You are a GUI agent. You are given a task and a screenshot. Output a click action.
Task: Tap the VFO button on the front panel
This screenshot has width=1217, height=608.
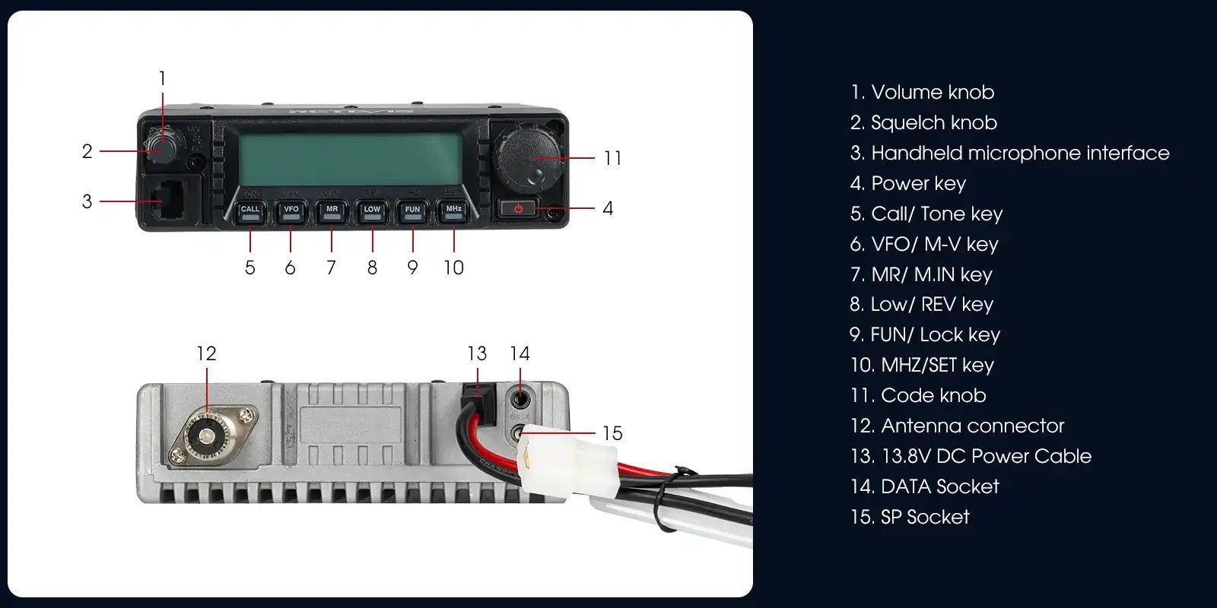coord(291,211)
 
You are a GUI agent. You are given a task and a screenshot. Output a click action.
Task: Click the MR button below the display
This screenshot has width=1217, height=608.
coord(332,211)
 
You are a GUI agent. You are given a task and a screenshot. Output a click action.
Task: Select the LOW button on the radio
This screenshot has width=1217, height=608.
coord(372,211)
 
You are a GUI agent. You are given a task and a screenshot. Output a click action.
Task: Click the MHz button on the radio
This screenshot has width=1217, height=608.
coord(453,211)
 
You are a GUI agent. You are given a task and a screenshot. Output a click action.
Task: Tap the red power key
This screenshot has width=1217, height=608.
coord(519,208)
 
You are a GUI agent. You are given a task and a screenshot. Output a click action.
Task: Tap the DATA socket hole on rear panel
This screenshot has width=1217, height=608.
coord(520,397)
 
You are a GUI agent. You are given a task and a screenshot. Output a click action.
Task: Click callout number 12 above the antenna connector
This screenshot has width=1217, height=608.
coord(206,353)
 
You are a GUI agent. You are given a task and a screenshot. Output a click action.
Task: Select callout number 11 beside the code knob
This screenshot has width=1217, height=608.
coord(612,158)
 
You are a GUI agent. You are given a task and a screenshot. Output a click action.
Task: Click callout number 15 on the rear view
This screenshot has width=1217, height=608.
coord(612,433)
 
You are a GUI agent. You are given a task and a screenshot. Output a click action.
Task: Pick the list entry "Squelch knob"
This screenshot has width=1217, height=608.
coord(923,122)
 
